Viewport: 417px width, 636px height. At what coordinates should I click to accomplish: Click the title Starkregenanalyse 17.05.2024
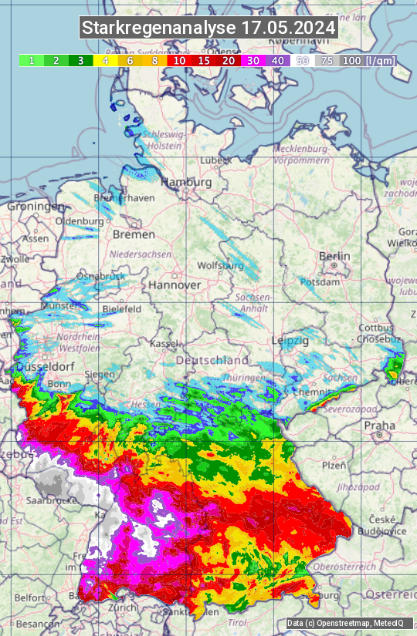click(208, 28)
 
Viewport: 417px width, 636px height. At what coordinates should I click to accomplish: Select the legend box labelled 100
click(351, 60)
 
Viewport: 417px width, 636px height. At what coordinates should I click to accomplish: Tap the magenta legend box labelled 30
click(253, 60)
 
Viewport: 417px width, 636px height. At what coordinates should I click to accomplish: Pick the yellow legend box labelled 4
click(104, 60)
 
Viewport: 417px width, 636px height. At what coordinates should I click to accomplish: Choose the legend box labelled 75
click(327, 60)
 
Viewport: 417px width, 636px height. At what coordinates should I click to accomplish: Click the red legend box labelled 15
click(203, 60)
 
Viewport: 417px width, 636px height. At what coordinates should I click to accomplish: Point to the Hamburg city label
click(186, 183)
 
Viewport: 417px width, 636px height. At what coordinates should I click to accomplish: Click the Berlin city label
click(334, 256)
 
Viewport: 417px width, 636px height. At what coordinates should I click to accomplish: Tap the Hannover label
click(175, 284)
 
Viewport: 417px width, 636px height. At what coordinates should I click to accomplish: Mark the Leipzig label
click(290, 340)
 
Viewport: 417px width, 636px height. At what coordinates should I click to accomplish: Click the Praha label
click(380, 425)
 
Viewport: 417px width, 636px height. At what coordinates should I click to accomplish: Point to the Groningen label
click(36, 207)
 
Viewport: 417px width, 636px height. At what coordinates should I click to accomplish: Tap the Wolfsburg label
click(221, 266)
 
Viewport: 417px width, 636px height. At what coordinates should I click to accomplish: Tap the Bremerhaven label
click(124, 198)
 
